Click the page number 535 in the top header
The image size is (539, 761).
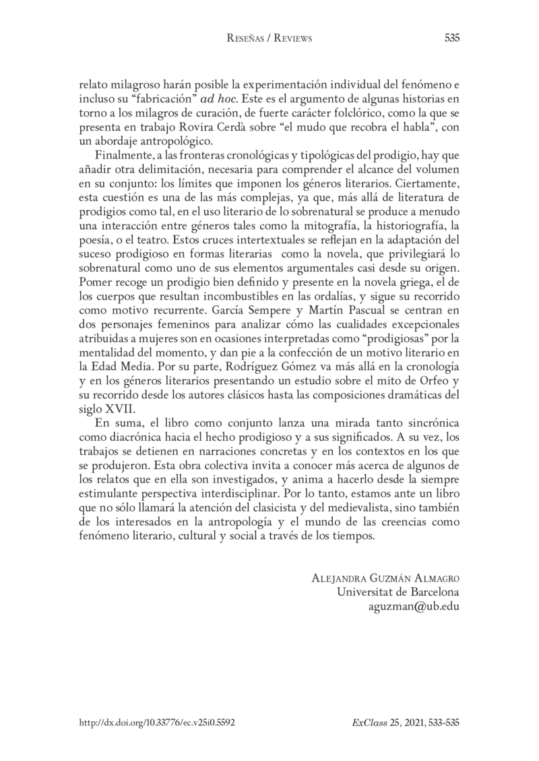(451, 39)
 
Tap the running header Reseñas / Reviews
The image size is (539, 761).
(269, 39)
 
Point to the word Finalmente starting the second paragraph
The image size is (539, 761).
(124, 157)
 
